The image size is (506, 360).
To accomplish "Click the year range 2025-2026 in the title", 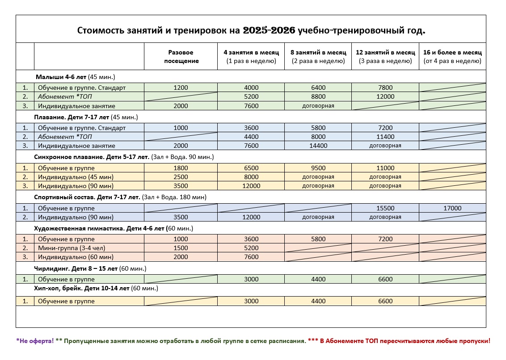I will pyautogui.click(x=269, y=30).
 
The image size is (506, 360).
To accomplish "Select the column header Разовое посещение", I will pyautogui.click(x=181, y=56).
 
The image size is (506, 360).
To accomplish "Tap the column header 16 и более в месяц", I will pyautogui.click(x=452, y=56).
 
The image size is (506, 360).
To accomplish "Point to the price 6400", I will pyautogui.click(x=318, y=88).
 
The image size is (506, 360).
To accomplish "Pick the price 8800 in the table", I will pyautogui.click(x=318, y=96).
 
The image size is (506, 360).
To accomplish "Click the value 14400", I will pyautogui.click(x=318, y=146).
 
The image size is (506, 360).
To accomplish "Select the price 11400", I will pyautogui.click(x=385, y=137).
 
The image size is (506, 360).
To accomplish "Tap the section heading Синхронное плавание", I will pyautogui.click(x=76, y=157).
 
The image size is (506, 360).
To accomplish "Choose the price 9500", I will pyautogui.click(x=318, y=168).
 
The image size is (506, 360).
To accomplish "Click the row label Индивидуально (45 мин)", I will pyautogui.click(x=76, y=177).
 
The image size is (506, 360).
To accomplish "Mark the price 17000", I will pyautogui.click(x=452, y=208).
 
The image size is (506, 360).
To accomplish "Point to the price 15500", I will pyautogui.click(x=385, y=208).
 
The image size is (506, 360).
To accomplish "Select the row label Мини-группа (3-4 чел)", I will pyautogui.click(x=72, y=248).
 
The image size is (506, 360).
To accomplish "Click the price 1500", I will pyautogui.click(x=181, y=248).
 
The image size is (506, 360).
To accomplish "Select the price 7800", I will pyautogui.click(x=385, y=88).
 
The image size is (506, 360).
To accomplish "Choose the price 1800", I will pyautogui.click(x=181, y=168).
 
